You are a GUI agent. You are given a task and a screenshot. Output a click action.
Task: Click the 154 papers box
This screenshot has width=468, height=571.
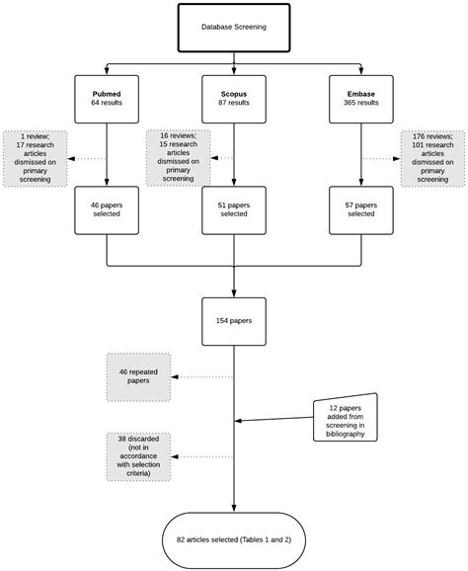click(x=233, y=319)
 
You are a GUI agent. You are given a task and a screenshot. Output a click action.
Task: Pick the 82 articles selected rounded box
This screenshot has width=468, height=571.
click(x=233, y=540)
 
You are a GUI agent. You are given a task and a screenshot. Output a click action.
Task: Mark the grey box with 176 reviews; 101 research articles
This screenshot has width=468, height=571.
click(x=431, y=156)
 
